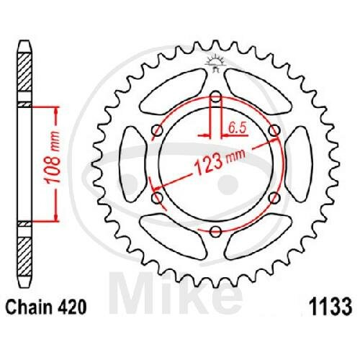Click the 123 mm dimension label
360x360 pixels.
[x=220, y=161]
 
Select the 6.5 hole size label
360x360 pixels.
[x=238, y=129]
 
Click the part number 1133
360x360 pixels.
[x=330, y=307]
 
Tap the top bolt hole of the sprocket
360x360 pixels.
[x=216, y=97]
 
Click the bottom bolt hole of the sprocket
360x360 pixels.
[x=215, y=232]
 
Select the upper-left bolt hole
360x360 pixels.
[x=158, y=131]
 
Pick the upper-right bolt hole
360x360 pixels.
[x=274, y=131]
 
